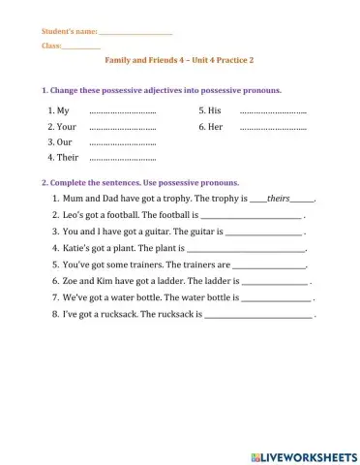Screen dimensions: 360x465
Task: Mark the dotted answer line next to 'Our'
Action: click(122, 142)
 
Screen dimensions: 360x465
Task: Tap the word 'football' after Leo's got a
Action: click(118, 215)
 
